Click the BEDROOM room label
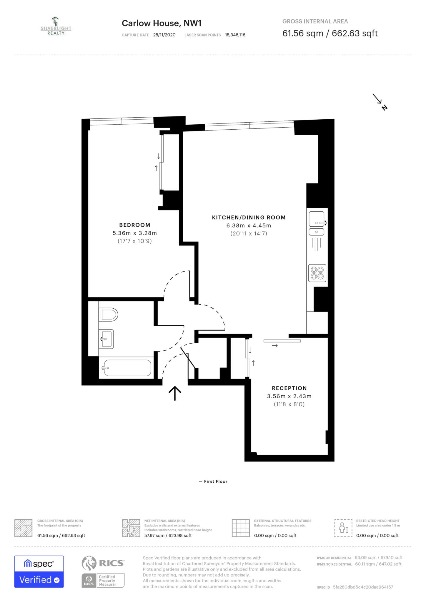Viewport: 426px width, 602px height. (x=135, y=225)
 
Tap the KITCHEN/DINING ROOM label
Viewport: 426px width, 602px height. (x=249, y=218)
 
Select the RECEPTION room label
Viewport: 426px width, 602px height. (x=289, y=388)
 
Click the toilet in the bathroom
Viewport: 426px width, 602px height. (x=108, y=315)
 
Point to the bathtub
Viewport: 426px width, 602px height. (x=127, y=368)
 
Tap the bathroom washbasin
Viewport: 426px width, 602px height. (x=106, y=339)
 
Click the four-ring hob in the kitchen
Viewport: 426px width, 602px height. (x=317, y=273)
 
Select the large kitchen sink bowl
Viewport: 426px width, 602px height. (x=317, y=219)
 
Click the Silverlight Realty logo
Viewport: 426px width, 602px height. (x=56, y=26)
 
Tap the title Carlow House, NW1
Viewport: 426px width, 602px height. (x=162, y=23)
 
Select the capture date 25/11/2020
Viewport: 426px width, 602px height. (x=164, y=35)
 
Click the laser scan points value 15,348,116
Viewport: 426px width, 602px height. (x=235, y=35)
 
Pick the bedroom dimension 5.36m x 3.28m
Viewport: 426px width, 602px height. (x=135, y=233)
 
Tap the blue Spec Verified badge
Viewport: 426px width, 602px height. (x=39, y=572)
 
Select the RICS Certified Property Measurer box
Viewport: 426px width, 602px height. (x=103, y=581)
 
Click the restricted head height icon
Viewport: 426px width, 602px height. (x=343, y=528)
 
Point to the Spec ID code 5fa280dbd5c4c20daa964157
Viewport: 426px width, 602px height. (x=363, y=587)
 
